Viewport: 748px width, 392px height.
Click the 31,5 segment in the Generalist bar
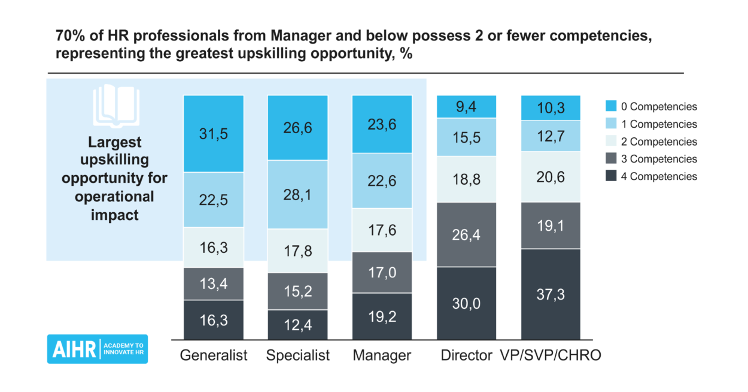[214, 133]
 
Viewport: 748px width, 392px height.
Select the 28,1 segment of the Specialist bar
[298, 194]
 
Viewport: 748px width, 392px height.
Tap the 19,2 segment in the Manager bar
[382, 316]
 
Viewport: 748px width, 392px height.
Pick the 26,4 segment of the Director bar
[467, 234]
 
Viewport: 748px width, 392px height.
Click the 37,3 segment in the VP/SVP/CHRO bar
[551, 294]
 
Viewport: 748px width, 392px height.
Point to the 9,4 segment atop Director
[467, 106]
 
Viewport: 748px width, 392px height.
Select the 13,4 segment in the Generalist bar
[214, 284]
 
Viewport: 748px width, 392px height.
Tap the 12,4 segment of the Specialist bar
[298, 324]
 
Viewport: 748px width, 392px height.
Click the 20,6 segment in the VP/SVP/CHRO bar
[551, 177]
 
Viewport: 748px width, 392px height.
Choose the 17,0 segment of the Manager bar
[382, 272]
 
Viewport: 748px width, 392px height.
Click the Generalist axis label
[214, 355]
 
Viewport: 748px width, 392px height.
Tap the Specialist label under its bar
[298, 355]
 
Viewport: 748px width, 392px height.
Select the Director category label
[466, 355]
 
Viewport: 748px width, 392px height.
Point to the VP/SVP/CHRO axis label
[551, 355]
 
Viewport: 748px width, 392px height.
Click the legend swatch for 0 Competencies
[610, 107]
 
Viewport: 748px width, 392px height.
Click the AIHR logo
[97, 349]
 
